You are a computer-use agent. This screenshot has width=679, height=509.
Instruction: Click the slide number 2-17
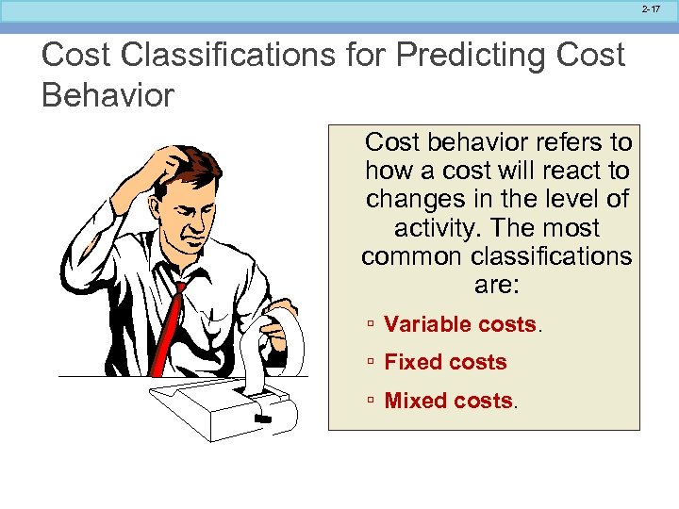coord(651,8)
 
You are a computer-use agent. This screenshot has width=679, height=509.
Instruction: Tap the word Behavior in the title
coord(108,95)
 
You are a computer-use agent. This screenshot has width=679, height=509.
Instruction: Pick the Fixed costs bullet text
coord(445,362)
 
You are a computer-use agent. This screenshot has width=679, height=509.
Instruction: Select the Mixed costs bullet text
coord(449,401)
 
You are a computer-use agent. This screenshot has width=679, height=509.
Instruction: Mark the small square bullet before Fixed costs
coord(373,363)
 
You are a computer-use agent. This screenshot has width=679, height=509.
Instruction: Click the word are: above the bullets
coord(497,285)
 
